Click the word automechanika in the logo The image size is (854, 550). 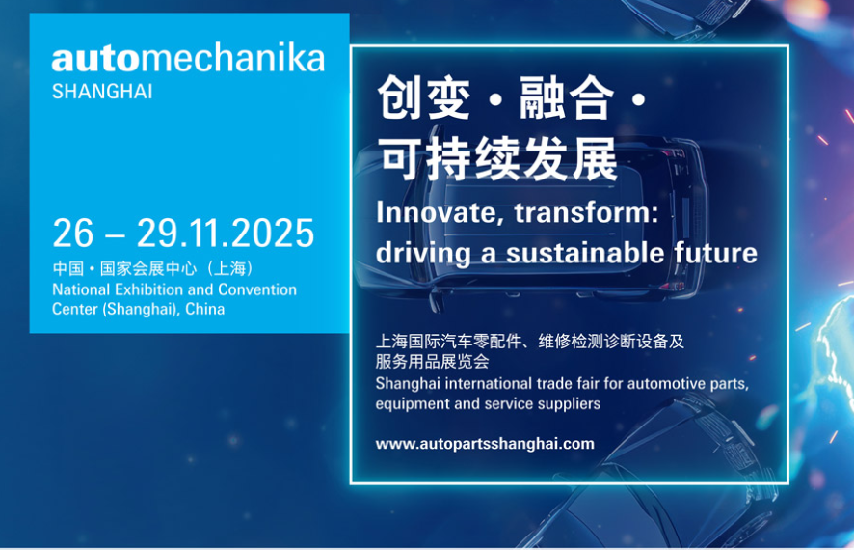(x=189, y=58)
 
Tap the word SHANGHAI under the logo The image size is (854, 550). (x=102, y=92)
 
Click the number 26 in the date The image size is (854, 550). (x=73, y=234)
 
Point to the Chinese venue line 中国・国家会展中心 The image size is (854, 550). (x=124, y=268)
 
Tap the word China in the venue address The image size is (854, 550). (x=204, y=309)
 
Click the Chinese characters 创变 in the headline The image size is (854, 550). (x=424, y=97)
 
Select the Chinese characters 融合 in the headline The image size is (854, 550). (x=567, y=97)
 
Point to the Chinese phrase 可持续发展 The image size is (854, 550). (x=499, y=159)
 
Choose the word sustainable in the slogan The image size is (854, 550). (x=585, y=254)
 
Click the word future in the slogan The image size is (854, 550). (x=715, y=254)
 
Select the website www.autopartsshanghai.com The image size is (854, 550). (x=485, y=444)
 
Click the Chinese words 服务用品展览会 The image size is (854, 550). (x=432, y=362)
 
